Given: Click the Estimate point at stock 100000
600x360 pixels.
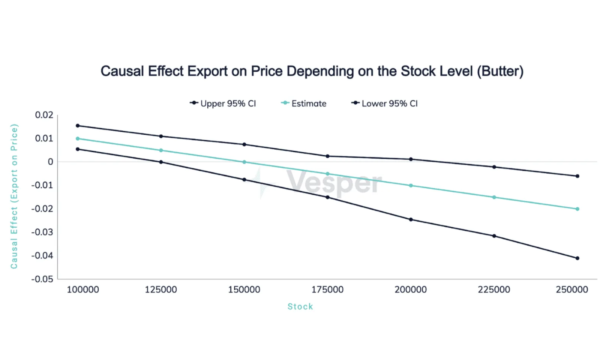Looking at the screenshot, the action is tap(78, 138).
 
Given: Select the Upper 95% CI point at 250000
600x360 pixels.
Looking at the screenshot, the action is tap(577, 176).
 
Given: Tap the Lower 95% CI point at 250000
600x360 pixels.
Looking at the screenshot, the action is tap(577, 258).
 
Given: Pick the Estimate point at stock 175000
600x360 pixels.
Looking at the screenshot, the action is tap(328, 174).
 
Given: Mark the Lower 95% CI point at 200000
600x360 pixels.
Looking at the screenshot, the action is tap(411, 220).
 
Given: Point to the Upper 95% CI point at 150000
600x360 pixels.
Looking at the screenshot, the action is tap(244, 144).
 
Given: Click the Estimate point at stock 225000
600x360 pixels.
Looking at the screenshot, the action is tap(494, 197).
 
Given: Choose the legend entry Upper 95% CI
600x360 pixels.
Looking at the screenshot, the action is tap(223, 103).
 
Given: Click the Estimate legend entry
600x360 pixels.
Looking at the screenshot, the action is tap(303, 103).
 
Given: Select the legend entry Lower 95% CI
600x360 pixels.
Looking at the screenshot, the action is tap(384, 103).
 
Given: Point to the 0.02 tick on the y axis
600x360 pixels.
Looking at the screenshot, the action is tap(44, 115).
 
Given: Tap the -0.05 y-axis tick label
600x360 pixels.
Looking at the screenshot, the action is tap(42, 279).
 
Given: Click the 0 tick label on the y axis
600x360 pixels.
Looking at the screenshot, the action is tap(50, 162).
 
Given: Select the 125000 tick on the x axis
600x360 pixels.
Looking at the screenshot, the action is tap(161, 289).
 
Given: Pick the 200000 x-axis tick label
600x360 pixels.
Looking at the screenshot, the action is tap(411, 289).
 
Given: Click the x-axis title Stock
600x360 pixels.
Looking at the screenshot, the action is tap(300, 306).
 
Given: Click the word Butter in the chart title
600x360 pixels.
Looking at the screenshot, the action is tap(500, 71).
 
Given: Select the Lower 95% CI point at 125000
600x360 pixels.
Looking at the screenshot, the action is tap(161, 162).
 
